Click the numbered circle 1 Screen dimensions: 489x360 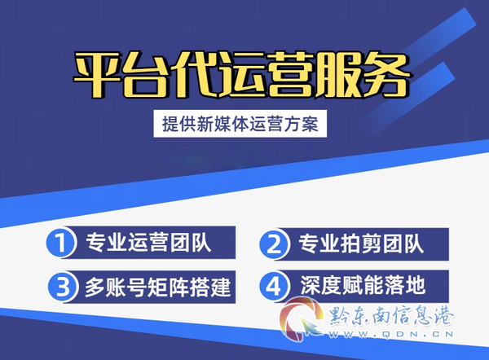coord(60,243)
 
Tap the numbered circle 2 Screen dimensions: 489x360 coord(274,244)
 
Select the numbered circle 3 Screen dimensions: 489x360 coord(63,287)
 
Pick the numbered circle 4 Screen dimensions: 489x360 coord(274,286)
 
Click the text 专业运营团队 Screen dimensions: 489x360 coord(148,243)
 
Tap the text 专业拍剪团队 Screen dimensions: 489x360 coord(361,244)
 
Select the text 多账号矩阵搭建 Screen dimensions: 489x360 coord(158,287)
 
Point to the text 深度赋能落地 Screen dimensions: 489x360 coord(363,285)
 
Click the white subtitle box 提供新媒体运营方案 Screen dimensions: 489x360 coord(240,124)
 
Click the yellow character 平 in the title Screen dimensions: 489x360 coord(97,75)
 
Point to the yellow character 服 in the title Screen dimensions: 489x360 coord(339,75)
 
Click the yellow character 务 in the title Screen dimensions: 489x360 coord(386,75)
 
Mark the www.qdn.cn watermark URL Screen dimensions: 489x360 coord(391,335)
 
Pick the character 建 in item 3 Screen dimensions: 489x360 coord(221,287)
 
